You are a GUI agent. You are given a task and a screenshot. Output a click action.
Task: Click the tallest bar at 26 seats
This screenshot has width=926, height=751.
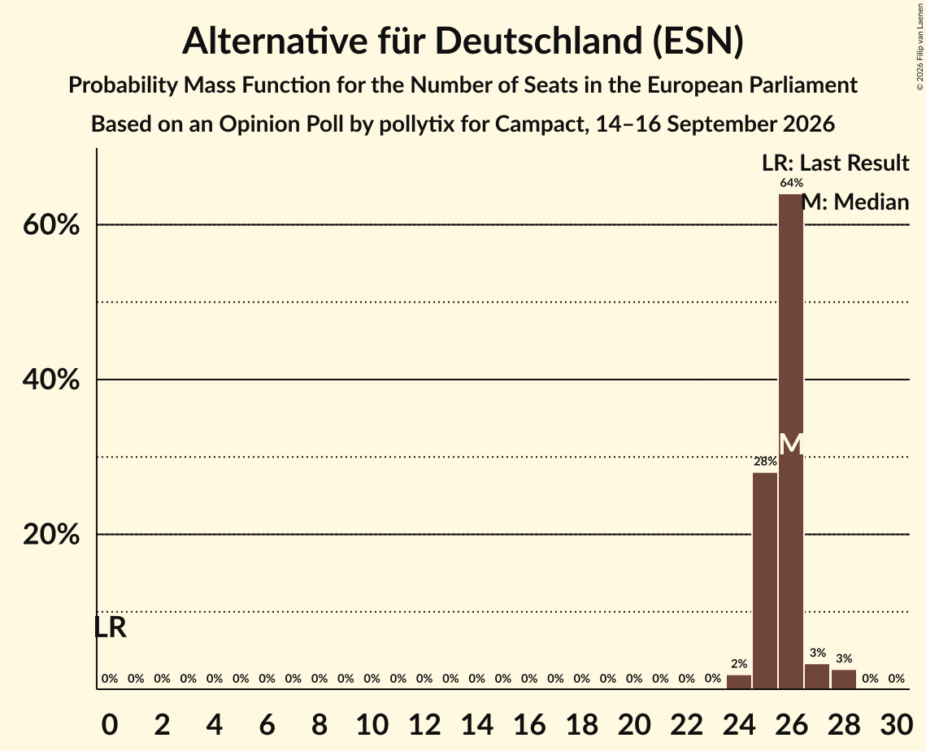[x=791, y=441]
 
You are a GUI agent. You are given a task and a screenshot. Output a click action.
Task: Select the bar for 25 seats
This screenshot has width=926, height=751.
[x=765, y=581]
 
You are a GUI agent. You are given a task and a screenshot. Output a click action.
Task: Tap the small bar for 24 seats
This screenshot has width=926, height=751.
[x=739, y=682]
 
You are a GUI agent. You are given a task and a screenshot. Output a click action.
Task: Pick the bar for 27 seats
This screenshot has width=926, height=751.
[x=817, y=676]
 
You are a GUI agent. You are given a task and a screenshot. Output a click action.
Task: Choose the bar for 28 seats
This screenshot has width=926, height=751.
[x=843, y=679]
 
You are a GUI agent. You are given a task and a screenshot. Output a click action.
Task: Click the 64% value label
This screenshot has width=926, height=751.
[x=791, y=183]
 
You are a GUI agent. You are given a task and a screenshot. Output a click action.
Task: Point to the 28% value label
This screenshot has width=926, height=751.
[x=765, y=461]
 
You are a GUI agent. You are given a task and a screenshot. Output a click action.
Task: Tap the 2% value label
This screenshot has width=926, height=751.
[x=739, y=664]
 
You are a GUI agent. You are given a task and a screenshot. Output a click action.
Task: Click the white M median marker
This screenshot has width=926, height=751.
[x=791, y=444]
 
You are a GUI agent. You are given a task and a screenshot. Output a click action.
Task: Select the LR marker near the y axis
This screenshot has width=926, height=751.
[x=111, y=627]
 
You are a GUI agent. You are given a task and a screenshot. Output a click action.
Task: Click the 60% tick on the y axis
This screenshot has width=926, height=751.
[x=51, y=225]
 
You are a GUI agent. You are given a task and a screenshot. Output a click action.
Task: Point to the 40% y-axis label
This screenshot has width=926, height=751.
[x=51, y=380]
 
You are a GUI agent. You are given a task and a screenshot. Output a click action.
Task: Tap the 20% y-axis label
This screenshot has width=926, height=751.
[x=51, y=534]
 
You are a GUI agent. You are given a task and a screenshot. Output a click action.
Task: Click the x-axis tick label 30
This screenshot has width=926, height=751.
[x=897, y=724]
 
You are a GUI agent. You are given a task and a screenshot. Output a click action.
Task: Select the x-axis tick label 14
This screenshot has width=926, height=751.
[x=476, y=724]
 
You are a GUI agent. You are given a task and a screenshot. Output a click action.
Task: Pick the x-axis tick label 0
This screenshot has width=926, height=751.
[x=110, y=724]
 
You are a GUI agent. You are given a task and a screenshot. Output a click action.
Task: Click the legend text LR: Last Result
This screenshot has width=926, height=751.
[x=836, y=163]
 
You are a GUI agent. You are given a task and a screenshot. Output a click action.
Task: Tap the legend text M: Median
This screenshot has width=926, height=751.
[x=855, y=202]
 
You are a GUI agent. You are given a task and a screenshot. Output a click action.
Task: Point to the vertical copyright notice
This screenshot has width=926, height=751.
[x=919, y=46]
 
